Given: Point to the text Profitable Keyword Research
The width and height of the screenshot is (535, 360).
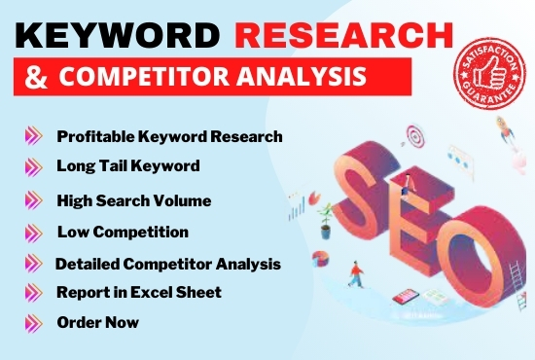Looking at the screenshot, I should (x=169, y=136).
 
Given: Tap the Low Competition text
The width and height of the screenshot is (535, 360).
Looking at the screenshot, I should (x=123, y=232).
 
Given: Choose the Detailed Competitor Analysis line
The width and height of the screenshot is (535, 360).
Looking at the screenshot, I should (x=168, y=264).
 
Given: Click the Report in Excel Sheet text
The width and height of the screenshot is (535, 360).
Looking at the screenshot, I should (x=139, y=292).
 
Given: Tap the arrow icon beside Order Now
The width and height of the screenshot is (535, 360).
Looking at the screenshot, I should (x=34, y=321).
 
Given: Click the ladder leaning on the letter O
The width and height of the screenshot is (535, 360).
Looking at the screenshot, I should (x=515, y=263).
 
